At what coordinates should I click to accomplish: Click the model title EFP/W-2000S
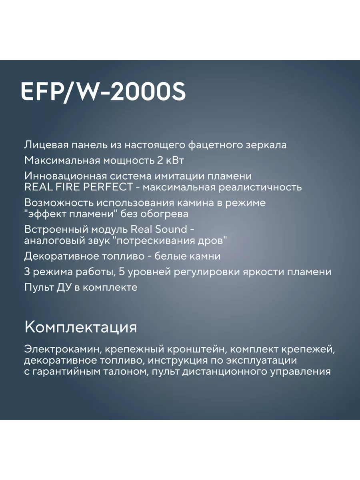(103, 92)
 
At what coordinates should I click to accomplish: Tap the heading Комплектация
(81, 328)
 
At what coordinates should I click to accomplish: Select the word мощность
(128, 161)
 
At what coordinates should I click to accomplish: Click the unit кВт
(175, 160)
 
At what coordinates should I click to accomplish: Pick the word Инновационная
(65, 176)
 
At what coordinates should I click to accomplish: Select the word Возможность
(58, 203)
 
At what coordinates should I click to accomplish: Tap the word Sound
(171, 229)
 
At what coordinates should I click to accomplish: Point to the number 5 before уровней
(122, 272)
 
